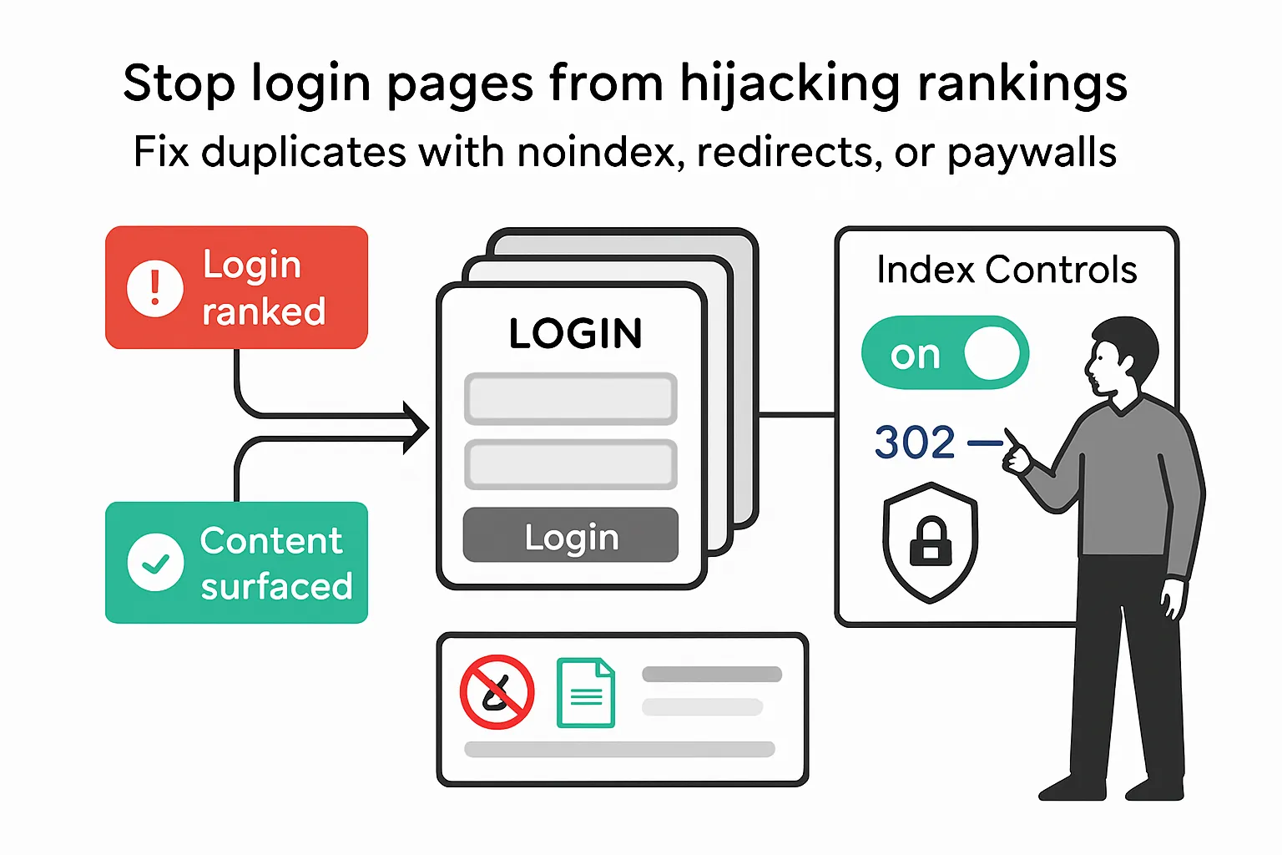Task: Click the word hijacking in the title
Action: click(790, 84)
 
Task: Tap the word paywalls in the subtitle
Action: click(1032, 153)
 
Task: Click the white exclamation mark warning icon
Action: click(154, 288)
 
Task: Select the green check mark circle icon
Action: click(155, 563)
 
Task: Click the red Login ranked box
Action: click(236, 287)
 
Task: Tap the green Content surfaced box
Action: click(236, 562)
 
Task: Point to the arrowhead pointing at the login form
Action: click(417, 427)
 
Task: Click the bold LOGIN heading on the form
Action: click(575, 334)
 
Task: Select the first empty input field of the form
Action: click(570, 399)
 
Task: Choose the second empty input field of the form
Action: click(570, 464)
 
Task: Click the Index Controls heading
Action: click(1007, 270)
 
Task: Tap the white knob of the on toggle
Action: click(992, 352)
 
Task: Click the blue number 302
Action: click(915, 443)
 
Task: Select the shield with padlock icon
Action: click(930, 543)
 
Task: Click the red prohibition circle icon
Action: click(497, 692)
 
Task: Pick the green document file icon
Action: click(586, 693)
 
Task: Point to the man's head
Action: click(1123, 355)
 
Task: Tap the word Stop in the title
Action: click(179, 84)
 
